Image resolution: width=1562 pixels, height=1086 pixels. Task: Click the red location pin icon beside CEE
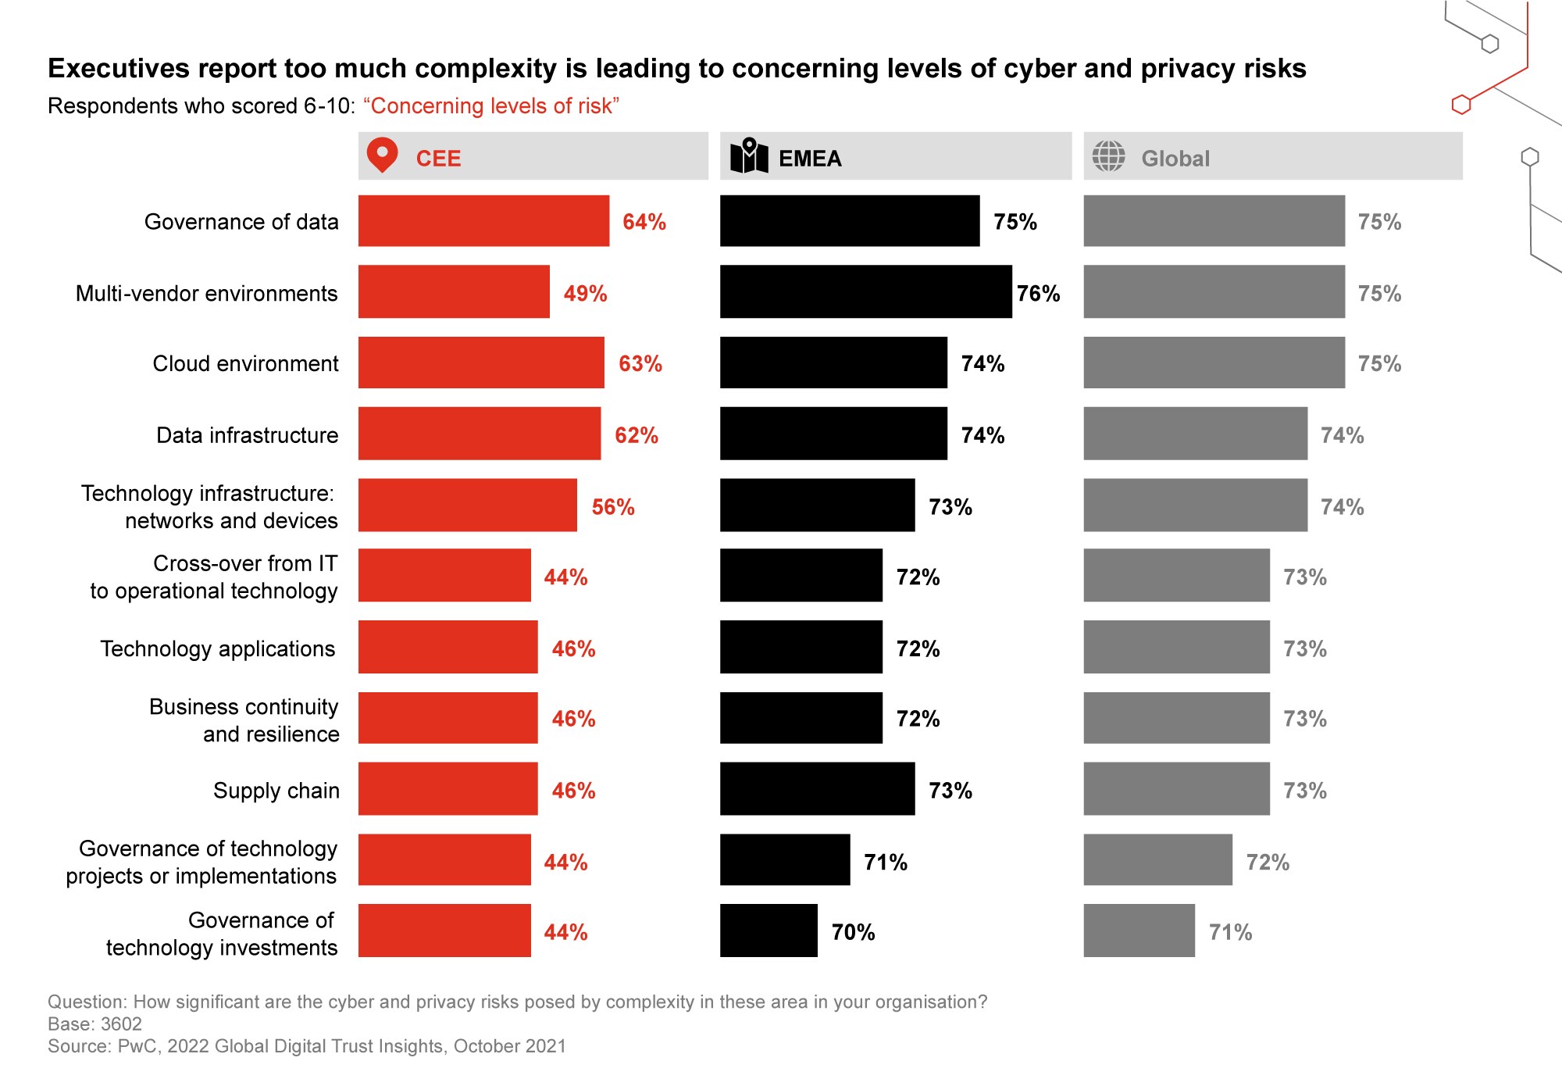[x=382, y=155]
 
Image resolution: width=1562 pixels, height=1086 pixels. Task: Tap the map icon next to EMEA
[x=749, y=156]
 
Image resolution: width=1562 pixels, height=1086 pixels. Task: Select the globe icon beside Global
[x=1108, y=156]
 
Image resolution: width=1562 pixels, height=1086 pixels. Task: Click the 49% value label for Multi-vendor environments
[x=585, y=294]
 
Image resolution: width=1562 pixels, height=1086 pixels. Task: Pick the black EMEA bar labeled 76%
[x=865, y=292]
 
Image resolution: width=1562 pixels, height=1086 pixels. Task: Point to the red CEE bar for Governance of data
[x=483, y=221]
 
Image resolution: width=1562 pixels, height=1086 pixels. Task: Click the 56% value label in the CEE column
[x=613, y=507]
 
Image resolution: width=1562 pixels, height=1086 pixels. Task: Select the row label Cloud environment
[x=245, y=364]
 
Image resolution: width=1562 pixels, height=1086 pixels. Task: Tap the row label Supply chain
[x=276, y=791]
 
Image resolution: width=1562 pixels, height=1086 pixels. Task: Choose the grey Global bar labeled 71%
[x=1139, y=931]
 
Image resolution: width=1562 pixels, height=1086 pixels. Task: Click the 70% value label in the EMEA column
[x=853, y=932]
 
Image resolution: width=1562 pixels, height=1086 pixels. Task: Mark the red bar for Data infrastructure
[x=480, y=434]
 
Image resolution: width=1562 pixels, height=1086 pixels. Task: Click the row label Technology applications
[x=218, y=649]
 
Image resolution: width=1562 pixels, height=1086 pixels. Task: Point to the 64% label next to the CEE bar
[x=644, y=222]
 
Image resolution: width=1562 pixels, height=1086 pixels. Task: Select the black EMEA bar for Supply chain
[x=817, y=789]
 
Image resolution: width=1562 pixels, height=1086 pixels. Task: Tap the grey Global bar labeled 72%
[x=1157, y=859]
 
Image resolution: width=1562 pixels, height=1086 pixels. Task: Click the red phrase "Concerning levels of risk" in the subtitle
[x=491, y=106]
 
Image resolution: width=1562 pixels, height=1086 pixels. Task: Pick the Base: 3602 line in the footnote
[x=95, y=1024]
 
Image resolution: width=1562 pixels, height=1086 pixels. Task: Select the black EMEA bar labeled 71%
[x=785, y=859]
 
